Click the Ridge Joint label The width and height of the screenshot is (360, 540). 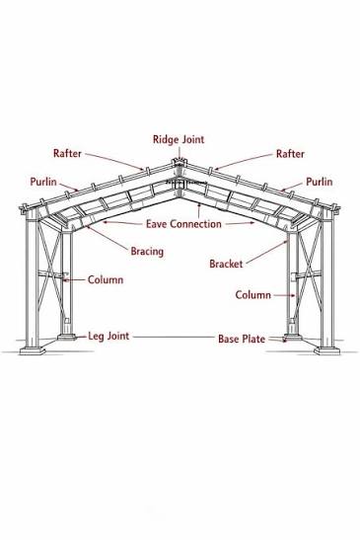pos(179,139)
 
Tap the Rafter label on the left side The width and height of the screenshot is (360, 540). pos(67,153)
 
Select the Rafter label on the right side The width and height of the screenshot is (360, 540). pos(290,154)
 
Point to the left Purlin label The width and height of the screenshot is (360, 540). pos(43,182)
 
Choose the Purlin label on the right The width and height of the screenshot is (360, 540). pos(320,182)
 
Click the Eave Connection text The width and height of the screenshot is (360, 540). pos(183,224)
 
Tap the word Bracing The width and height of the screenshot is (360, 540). pos(147,252)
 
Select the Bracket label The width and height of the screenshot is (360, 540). pos(226,264)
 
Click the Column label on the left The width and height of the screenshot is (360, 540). pos(106,279)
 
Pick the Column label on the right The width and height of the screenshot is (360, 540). pos(252,295)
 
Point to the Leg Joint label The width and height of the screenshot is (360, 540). pos(108,336)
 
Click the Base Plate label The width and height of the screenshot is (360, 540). pos(242,339)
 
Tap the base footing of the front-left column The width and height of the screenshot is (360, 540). pos(33,350)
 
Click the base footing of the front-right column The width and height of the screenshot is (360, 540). pos(326,350)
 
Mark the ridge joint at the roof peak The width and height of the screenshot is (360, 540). pos(180,163)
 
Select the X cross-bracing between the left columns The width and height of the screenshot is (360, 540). pos(50,272)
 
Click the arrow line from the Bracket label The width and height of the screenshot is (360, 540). pos(266,253)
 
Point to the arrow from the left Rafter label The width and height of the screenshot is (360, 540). pos(114,162)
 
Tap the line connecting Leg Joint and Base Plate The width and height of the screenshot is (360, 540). pos(174,337)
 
